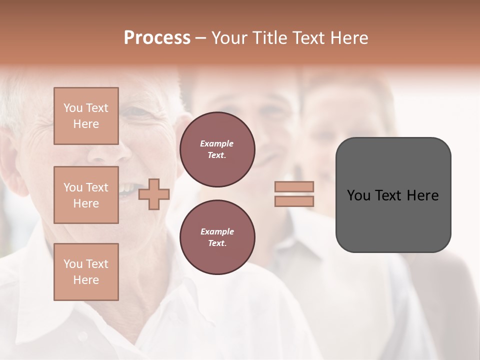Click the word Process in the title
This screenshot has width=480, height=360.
point(157,38)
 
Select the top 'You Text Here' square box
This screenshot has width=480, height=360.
point(86,116)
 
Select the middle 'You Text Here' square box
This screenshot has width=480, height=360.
point(86,195)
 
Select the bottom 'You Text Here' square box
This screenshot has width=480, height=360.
point(86,272)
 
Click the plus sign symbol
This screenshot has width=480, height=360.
point(154,194)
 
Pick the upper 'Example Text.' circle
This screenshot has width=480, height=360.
point(217,149)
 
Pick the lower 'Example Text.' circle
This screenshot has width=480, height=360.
point(217,237)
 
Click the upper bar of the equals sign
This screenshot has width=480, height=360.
point(294,186)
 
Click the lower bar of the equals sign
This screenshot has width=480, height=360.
point(294,201)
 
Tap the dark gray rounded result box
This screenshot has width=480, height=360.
point(393,220)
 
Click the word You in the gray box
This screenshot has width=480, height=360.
point(358,195)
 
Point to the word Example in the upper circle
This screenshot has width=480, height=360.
point(217,143)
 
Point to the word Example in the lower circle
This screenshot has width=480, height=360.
point(217,231)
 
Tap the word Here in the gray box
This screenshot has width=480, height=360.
point(422,195)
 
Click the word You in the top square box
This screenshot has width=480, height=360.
point(73,108)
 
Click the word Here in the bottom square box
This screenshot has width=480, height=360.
point(86,280)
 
